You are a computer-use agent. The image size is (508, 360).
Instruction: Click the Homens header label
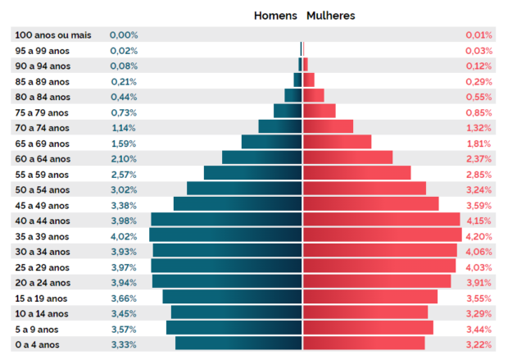tap(275, 16)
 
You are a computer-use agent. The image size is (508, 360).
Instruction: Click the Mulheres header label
tap(331, 16)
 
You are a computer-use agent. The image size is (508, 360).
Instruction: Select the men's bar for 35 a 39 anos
tap(226, 235)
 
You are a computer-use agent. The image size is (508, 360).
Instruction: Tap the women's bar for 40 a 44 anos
tap(381, 220)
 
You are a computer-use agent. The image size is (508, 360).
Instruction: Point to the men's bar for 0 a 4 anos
tap(239, 344)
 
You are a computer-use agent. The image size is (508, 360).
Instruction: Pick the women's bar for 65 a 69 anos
tap(337, 142)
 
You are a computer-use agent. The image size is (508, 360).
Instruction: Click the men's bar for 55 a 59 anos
tap(253, 173)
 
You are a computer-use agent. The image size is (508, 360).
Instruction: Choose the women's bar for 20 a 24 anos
tap(377, 281)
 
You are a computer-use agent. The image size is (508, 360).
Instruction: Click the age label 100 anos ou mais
tap(53, 35)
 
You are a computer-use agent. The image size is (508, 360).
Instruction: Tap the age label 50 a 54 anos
tap(43, 189)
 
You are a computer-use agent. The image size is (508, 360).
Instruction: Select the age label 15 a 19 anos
tap(43, 298)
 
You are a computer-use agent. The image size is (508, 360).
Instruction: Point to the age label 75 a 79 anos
tap(43, 112)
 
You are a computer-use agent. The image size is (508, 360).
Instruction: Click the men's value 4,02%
tap(124, 235)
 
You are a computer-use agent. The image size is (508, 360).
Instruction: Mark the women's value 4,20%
tap(479, 236)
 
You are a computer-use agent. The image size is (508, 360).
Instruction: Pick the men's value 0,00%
tap(124, 35)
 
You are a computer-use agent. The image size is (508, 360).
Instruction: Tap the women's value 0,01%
tap(479, 35)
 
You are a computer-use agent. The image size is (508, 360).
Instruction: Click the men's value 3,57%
tap(124, 329)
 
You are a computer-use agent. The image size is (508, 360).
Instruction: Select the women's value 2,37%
tap(479, 158)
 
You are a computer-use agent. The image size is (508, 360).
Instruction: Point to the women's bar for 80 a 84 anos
tap(314, 95)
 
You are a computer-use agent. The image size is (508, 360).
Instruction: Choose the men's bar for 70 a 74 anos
tap(280, 126)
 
